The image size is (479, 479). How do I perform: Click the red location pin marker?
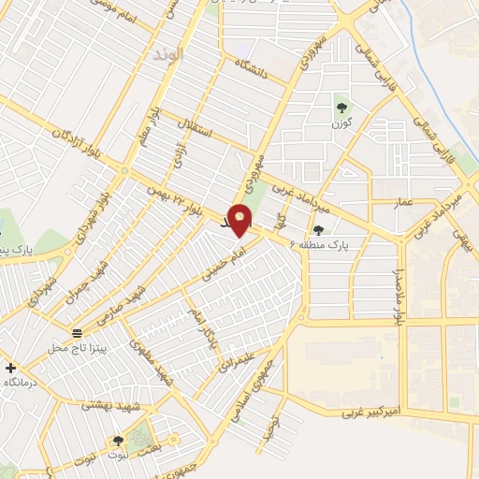click(x=240, y=219)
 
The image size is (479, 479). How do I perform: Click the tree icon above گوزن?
click(x=341, y=106)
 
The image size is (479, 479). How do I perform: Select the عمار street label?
click(x=403, y=201)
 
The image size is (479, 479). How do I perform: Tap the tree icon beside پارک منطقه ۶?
click(x=320, y=230)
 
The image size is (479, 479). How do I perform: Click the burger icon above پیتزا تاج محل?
click(x=77, y=332)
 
